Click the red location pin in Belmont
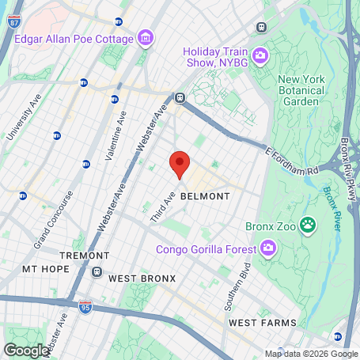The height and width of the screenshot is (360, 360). (x=180, y=165)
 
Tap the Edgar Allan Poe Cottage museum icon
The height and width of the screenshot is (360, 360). (x=145, y=37)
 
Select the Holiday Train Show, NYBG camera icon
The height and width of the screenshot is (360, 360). (x=260, y=55)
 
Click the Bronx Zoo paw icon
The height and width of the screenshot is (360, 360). (x=307, y=227)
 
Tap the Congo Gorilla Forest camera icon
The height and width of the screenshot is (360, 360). (x=268, y=250)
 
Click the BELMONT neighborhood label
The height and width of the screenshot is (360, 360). (x=205, y=196)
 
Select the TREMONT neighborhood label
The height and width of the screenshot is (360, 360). (x=85, y=256)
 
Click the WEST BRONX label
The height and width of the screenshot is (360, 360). (x=142, y=279)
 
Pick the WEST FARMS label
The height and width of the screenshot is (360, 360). (x=262, y=323)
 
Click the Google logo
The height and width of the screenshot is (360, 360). (x=26, y=350)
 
